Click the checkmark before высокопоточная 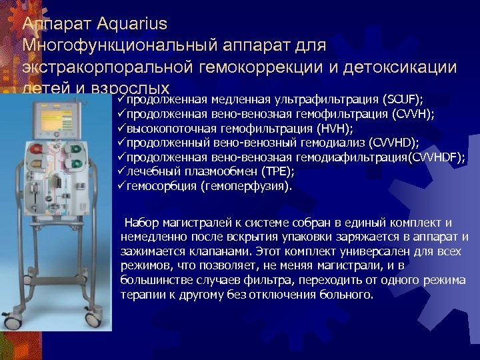(x=121, y=128)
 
